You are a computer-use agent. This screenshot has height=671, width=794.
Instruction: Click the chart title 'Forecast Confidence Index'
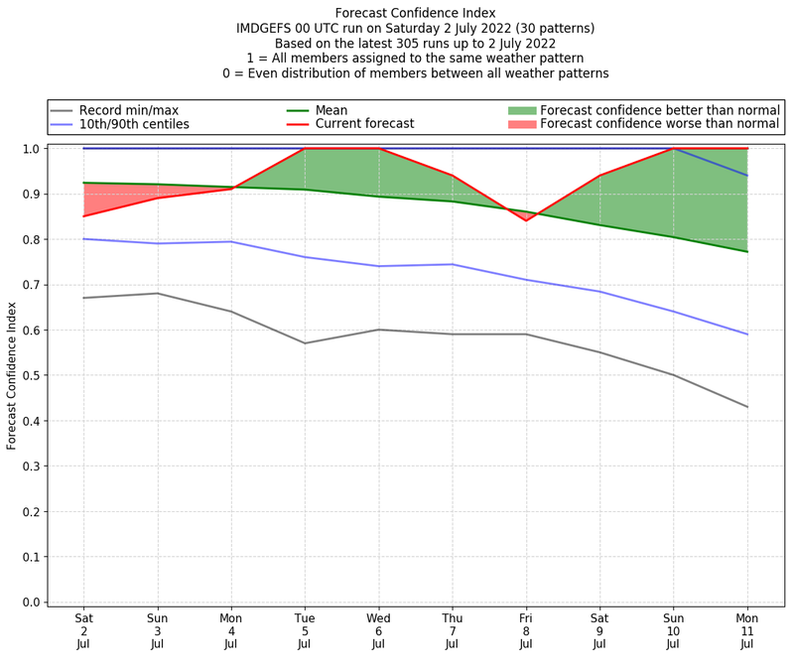coord(415,13)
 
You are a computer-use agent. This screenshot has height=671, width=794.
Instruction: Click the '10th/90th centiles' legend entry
coord(134,124)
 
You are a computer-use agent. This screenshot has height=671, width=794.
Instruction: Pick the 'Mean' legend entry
coord(331,110)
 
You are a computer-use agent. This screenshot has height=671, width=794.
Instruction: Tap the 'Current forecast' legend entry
coord(364,124)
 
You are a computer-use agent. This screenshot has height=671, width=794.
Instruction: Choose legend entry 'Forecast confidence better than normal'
coord(659,110)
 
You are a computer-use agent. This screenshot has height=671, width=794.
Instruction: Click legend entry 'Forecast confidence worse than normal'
coord(659,124)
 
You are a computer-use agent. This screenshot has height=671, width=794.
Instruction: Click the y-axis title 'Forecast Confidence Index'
coord(12,375)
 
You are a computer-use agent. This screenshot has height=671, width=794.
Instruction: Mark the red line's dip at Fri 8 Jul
coord(526,220)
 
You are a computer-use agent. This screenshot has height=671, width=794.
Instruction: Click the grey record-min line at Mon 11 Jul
coord(747,407)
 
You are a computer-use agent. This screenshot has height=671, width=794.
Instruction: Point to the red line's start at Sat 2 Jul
coord(83,215)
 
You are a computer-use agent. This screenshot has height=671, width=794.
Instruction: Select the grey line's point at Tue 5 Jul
coord(305,343)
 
